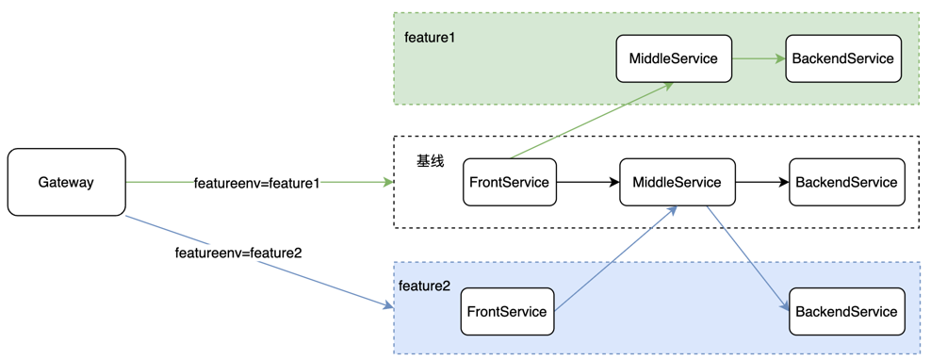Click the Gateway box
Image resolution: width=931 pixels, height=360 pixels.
66,182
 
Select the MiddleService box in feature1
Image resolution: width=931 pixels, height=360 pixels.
673,58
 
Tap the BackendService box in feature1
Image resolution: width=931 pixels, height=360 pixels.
842,58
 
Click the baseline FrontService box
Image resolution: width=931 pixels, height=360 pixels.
510,182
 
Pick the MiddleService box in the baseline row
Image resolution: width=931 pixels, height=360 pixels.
677,182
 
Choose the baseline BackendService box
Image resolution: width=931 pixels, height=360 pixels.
845,182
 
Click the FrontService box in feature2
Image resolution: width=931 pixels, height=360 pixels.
507,312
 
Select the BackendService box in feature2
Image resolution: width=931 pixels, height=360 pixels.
845,312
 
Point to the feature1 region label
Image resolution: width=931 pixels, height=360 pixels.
429,38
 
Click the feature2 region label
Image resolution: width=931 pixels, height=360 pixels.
424,286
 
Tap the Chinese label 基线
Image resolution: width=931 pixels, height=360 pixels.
430,161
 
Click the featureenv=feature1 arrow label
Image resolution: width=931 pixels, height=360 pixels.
256,182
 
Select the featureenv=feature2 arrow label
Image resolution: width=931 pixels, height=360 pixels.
237,253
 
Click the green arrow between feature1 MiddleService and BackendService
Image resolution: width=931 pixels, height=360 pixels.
759,58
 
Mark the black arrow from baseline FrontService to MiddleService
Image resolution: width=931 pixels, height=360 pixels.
588,182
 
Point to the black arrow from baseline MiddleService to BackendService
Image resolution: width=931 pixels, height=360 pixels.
761,182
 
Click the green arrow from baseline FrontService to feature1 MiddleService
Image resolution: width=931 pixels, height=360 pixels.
591,121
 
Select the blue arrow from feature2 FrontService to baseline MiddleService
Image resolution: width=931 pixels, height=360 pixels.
615,259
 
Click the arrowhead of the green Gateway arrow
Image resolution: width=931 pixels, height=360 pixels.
387,182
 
